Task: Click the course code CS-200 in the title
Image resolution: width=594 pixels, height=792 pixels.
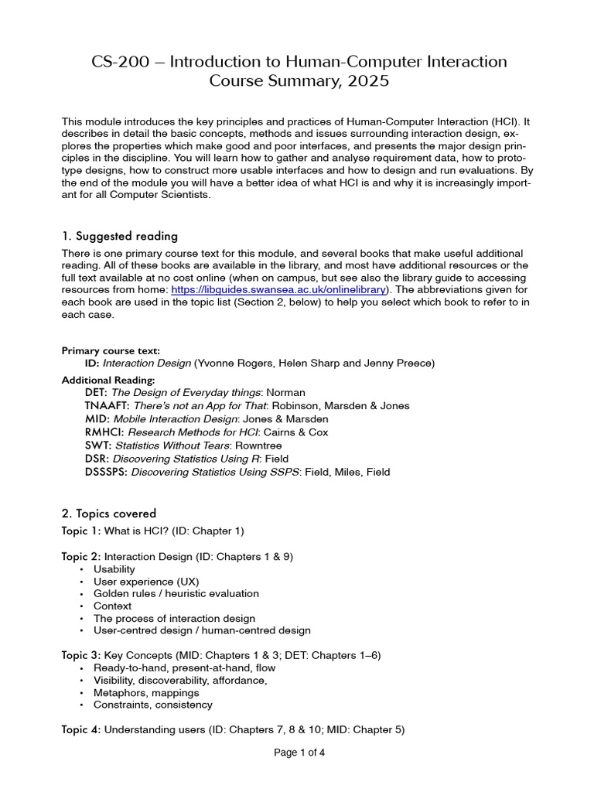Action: (x=117, y=61)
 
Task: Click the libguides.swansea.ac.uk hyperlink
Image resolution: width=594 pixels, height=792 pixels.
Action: (x=280, y=289)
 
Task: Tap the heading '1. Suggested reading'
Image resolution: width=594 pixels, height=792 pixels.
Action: (x=119, y=236)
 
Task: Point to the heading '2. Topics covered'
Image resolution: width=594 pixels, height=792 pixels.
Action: (x=108, y=513)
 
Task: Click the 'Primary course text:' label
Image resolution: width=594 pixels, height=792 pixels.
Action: (x=111, y=350)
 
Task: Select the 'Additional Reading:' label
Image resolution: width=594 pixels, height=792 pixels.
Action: (x=108, y=380)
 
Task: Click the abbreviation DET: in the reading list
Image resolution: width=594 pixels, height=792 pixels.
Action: (x=97, y=392)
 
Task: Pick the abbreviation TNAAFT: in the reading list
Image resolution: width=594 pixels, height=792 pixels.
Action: (x=108, y=405)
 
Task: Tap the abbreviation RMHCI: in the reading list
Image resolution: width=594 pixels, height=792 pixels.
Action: (x=104, y=432)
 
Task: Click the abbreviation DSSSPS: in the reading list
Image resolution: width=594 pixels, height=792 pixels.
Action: (x=107, y=472)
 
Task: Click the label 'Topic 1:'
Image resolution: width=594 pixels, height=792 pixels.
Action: (x=81, y=531)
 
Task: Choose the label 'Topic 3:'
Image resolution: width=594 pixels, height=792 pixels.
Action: (x=81, y=655)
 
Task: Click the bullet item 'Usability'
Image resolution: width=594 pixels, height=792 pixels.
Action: (x=114, y=569)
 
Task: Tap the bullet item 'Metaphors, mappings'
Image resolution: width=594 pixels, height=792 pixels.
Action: (x=146, y=692)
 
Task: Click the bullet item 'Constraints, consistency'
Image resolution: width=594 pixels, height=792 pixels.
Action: (x=153, y=705)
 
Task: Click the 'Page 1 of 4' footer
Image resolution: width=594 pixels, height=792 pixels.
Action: (x=299, y=753)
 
